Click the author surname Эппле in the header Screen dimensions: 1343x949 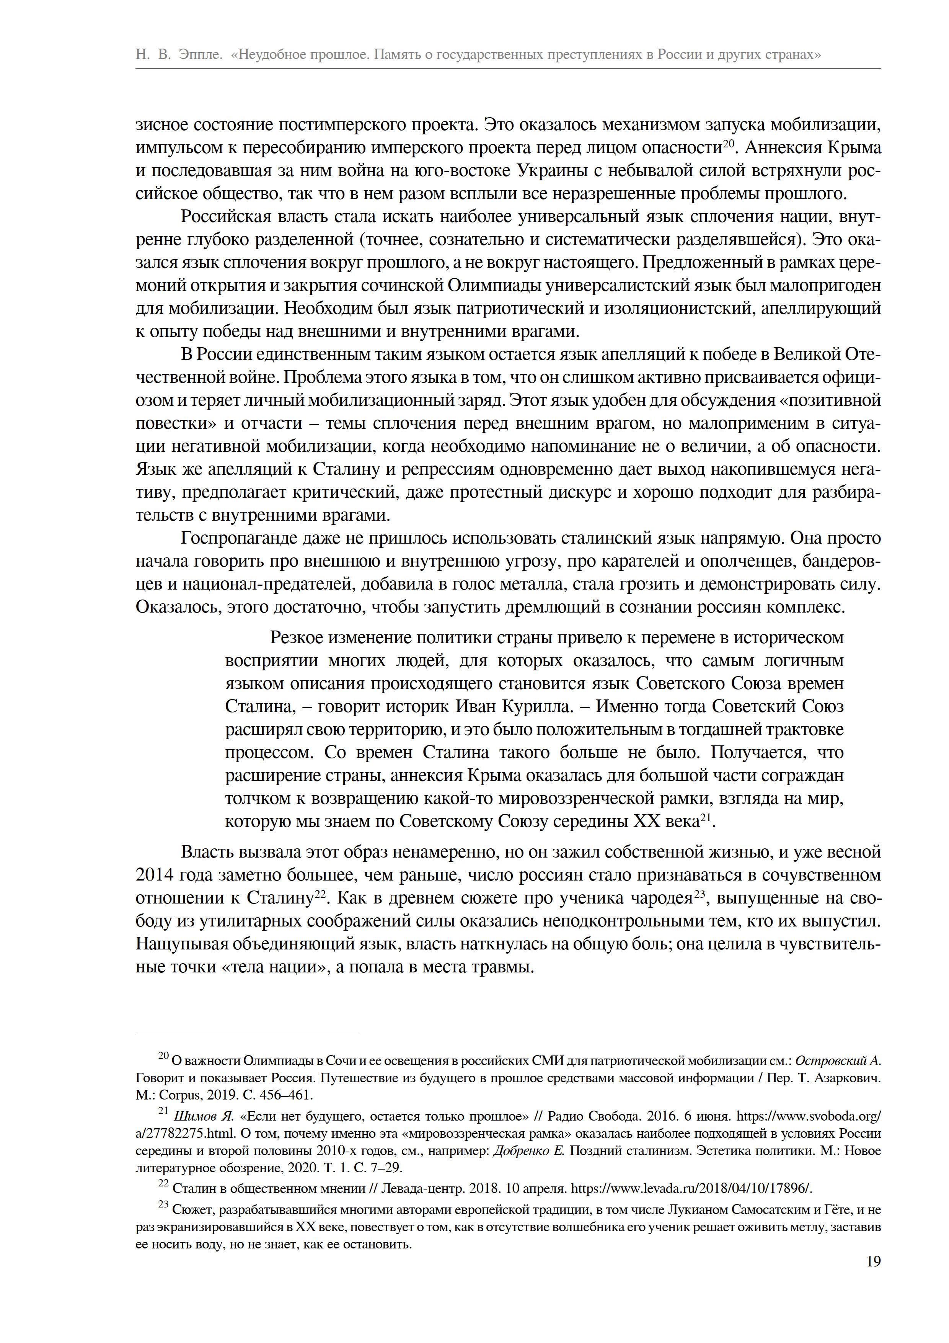point(200,54)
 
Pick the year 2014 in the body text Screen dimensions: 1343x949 point(154,875)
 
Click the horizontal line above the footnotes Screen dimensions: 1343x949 point(247,1035)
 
